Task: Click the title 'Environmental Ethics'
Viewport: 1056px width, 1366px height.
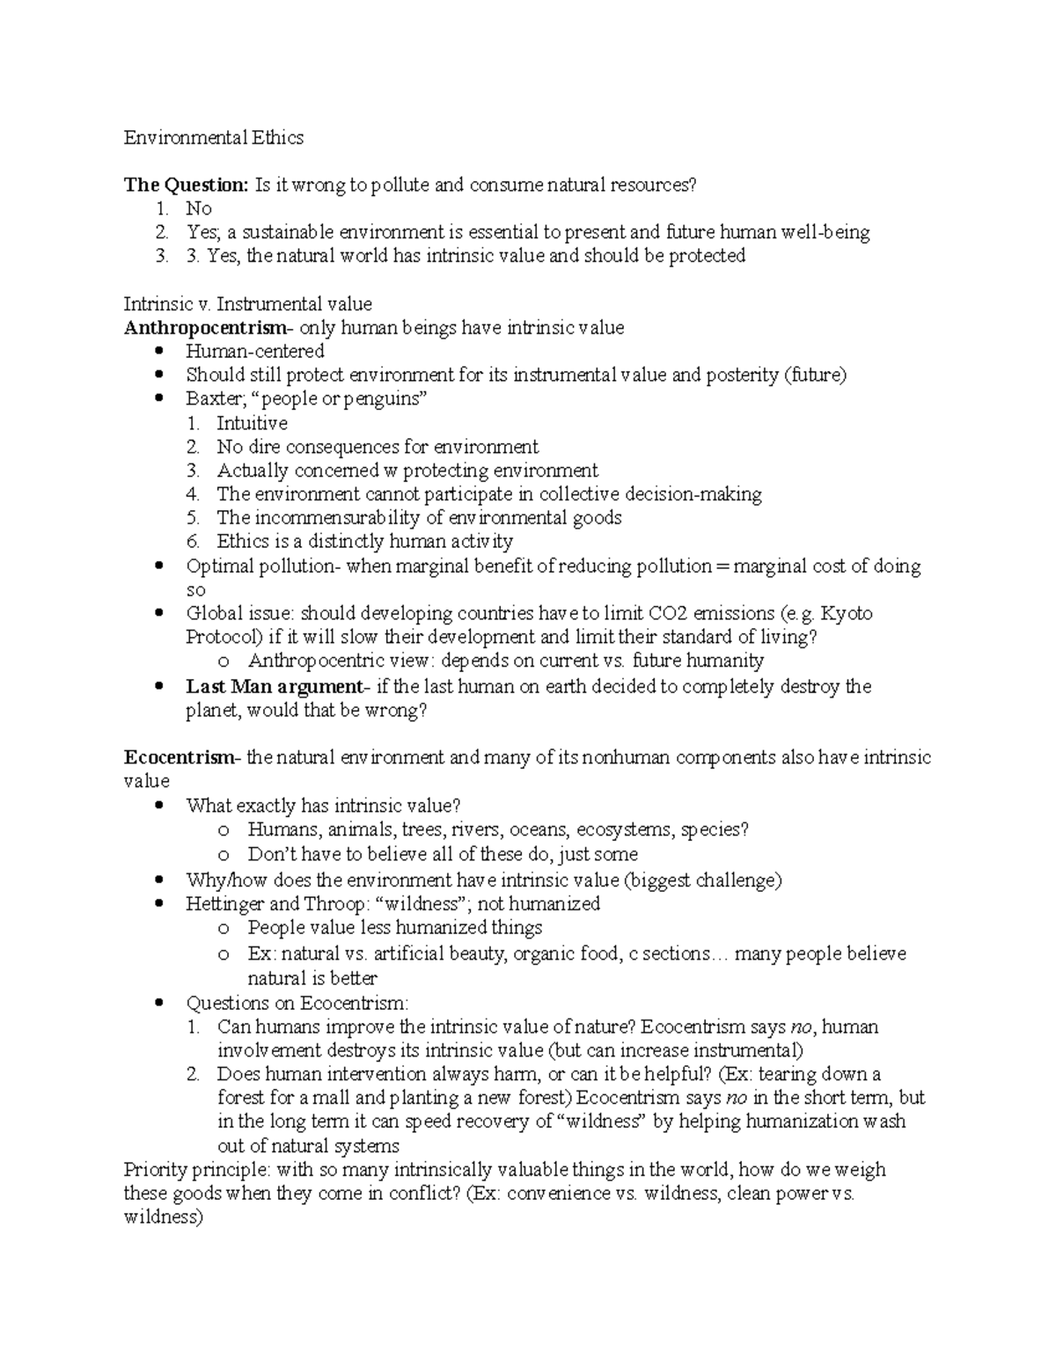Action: click(214, 137)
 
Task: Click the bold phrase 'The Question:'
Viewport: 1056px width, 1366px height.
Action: click(187, 185)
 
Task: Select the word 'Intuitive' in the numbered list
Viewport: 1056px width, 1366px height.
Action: click(252, 423)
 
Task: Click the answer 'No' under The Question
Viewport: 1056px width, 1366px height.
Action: click(199, 208)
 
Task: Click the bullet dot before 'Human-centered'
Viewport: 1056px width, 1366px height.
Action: click(159, 351)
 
